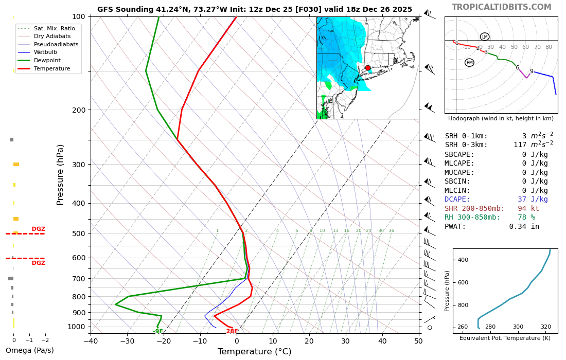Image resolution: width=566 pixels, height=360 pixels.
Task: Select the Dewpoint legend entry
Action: coord(47,60)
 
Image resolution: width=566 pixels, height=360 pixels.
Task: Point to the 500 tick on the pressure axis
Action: coord(78,233)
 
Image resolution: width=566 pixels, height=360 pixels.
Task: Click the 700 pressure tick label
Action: coord(78,279)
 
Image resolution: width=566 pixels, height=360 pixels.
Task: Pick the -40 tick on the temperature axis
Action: coord(91,340)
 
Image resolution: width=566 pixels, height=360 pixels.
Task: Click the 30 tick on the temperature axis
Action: coord(346,340)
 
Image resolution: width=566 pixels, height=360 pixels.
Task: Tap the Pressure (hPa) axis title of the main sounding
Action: coord(60,175)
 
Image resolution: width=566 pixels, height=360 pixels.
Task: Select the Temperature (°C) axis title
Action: coord(254,352)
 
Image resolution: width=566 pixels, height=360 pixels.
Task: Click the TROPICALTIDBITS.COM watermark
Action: coord(501,7)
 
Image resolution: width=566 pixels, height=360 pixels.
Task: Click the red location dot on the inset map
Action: coord(368,68)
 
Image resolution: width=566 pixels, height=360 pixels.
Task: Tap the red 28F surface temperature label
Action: coord(232,331)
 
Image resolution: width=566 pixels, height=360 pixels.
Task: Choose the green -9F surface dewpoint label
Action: coord(157,331)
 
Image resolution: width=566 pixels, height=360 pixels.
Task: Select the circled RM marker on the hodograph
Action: coord(469,63)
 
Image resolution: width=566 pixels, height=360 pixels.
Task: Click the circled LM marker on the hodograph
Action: coord(485,37)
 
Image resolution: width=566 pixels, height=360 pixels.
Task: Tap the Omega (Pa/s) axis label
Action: coord(29,351)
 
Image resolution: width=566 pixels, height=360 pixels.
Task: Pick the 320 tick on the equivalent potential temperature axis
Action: coord(545,327)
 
